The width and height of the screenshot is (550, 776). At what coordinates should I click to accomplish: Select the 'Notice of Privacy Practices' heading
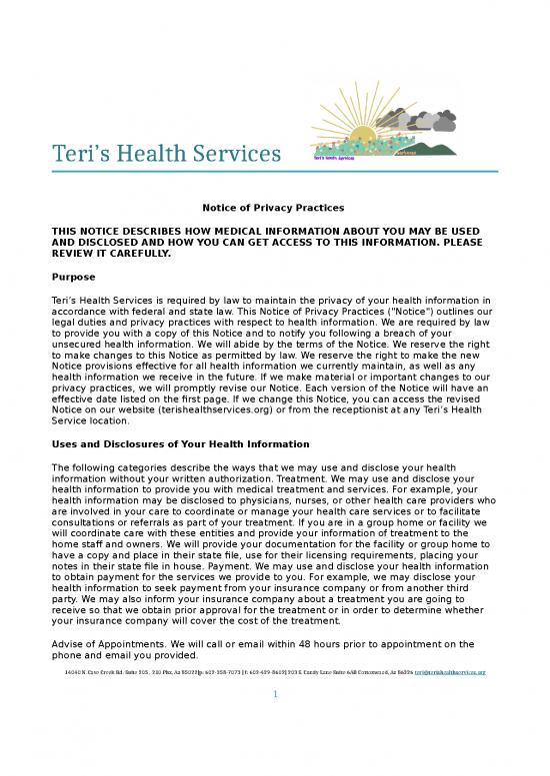[x=273, y=207]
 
